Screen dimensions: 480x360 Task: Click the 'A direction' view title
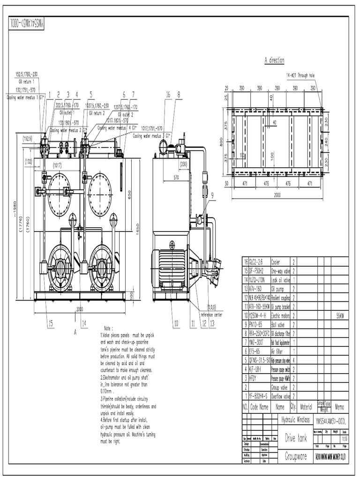[x=274, y=60]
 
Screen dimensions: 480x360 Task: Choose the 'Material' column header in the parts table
[x=306, y=407]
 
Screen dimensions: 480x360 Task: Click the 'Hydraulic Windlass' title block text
[x=295, y=420]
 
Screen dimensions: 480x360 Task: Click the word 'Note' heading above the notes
[x=109, y=329]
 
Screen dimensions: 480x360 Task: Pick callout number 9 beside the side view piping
[x=211, y=195]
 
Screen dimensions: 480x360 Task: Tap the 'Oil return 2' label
[x=98, y=113]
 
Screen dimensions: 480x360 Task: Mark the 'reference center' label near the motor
[x=211, y=315]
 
